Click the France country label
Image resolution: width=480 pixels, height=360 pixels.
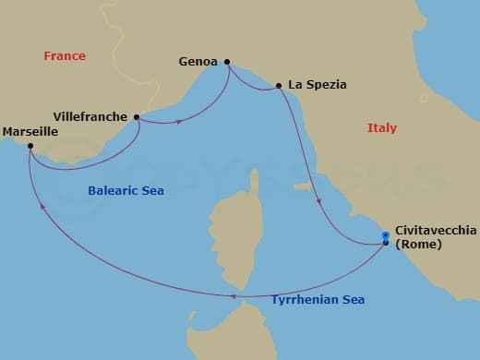coord(65,56)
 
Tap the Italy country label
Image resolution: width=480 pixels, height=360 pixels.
coord(381,128)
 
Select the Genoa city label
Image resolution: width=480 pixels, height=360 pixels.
coord(198,63)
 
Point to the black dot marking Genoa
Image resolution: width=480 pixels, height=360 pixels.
coord(227,63)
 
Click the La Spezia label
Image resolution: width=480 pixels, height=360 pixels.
coord(318,85)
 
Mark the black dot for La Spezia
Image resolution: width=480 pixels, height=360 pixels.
coord(278,86)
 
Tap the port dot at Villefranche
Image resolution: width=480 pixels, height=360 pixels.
coord(138,117)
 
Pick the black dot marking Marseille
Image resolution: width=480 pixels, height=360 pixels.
coord(30,146)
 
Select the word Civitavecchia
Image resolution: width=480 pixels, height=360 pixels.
coord(436,231)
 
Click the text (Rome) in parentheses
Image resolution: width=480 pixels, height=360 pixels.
coord(418,245)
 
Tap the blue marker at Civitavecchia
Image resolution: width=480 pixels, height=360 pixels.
coord(386,237)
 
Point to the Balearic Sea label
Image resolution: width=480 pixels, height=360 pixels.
coord(125,191)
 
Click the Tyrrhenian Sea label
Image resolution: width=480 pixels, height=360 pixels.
coord(318,300)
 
